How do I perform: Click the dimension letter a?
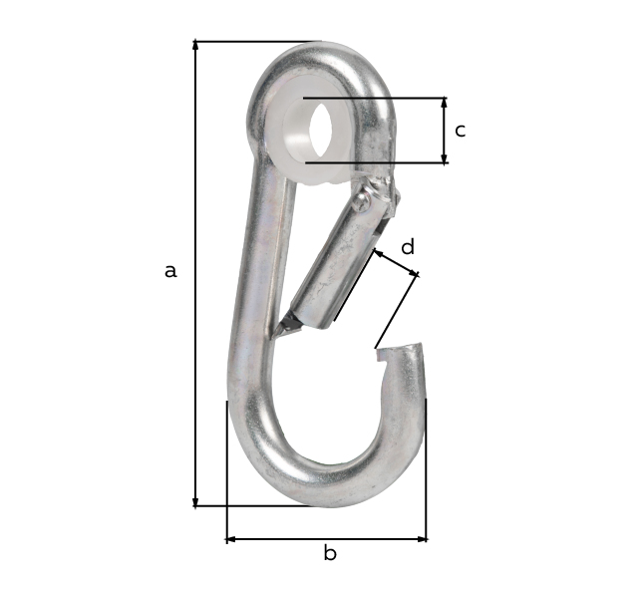[x=170, y=270]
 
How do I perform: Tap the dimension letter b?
[x=329, y=553]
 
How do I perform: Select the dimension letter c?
[x=460, y=130]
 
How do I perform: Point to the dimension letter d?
[x=407, y=246]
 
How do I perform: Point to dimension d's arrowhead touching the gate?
[x=378, y=254]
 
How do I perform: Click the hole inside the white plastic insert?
[x=322, y=129]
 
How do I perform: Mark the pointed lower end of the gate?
[x=286, y=324]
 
